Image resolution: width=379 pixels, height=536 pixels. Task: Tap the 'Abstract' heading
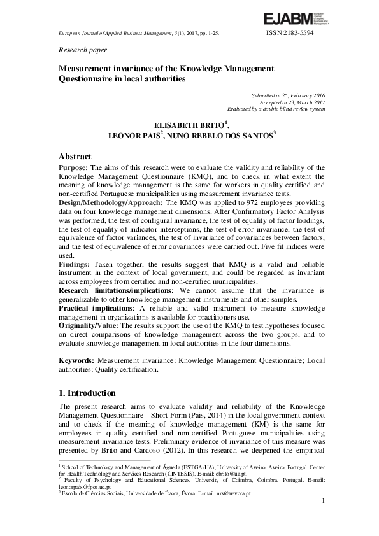click(75, 157)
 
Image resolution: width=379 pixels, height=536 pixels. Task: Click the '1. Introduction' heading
click(87, 393)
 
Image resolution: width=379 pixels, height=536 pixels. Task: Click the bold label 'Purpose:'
click(73, 167)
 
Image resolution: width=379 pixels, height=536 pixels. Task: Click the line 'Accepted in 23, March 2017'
click(292, 102)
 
